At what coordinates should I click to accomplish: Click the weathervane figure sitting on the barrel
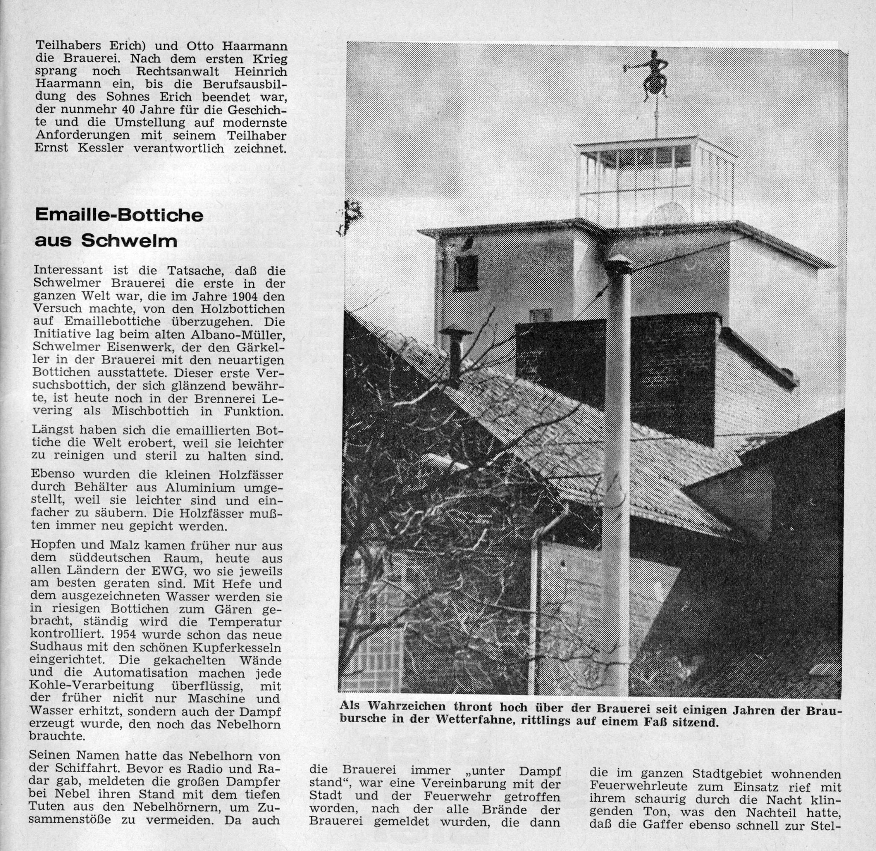654,76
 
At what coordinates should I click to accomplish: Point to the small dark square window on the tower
466,272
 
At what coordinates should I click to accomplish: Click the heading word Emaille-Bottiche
119,215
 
